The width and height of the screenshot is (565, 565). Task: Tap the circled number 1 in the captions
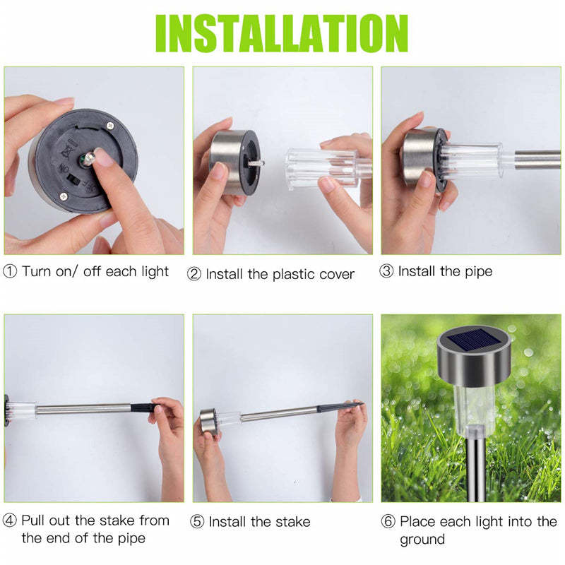pos(11,271)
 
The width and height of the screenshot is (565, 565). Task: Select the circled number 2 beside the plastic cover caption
pos(194,274)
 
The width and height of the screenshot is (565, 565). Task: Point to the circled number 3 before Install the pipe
pos(387,271)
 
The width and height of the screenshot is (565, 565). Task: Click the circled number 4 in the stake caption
pos(11,521)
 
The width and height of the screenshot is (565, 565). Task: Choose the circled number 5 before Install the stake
pos(198,523)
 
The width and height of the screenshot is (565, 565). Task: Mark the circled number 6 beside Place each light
pos(388,523)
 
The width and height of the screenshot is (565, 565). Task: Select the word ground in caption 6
pos(422,540)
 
